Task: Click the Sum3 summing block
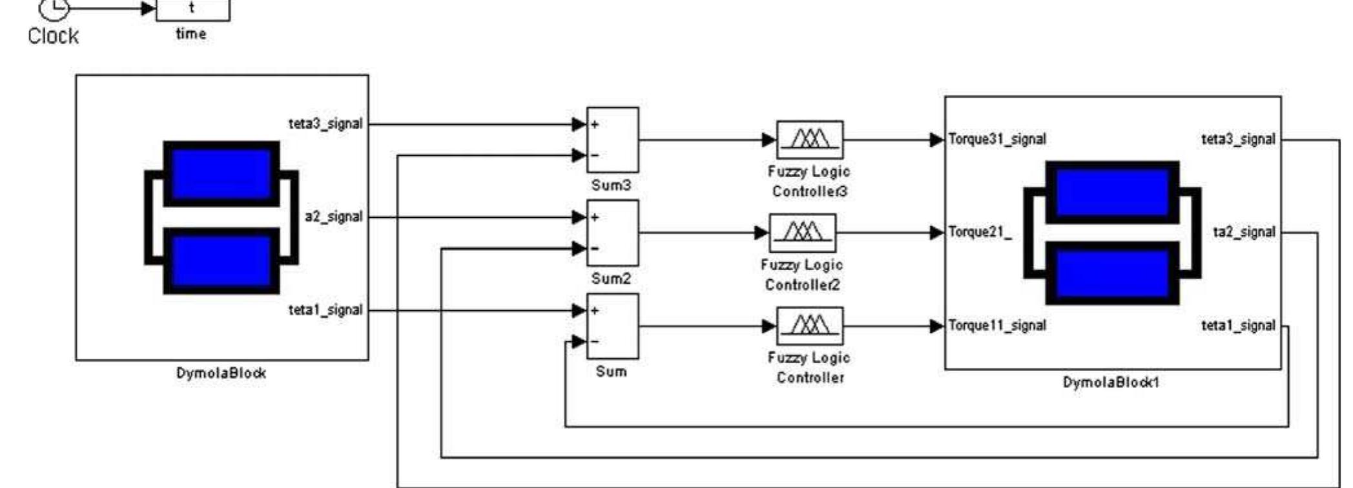click(x=612, y=140)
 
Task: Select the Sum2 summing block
click(x=612, y=233)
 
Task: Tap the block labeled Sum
click(x=612, y=326)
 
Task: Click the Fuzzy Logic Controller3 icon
click(x=809, y=139)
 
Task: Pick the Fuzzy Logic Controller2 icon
click(x=802, y=233)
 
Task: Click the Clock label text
click(x=53, y=36)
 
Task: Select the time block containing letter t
click(x=192, y=9)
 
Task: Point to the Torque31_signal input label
click(x=997, y=139)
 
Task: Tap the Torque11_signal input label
click(x=997, y=325)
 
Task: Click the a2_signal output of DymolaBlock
click(x=333, y=217)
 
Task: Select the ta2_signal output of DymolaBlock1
click(x=1244, y=232)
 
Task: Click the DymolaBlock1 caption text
click(x=1111, y=382)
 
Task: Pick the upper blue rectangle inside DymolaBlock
click(x=221, y=173)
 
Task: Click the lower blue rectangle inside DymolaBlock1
click(x=1112, y=273)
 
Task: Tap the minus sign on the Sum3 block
click(x=595, y=155)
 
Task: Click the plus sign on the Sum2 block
click(x=595, y=217)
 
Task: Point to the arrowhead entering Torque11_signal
click(x=937, y=326)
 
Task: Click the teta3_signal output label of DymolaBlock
click(x=325, y=123)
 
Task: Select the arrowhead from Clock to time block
click(x=149, y=8)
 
